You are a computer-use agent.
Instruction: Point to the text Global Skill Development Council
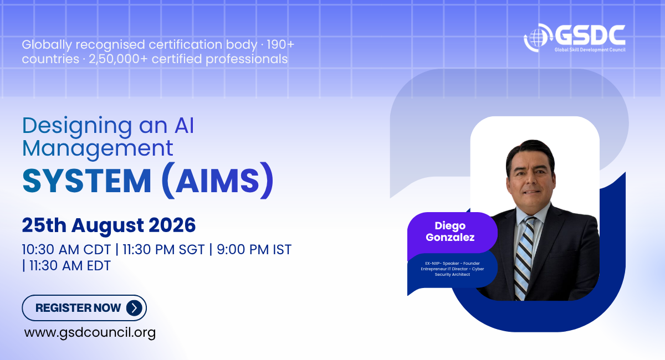point(590,49)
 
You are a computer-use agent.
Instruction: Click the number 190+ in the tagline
point(280,44)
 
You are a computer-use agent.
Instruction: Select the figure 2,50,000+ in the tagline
point(118,59)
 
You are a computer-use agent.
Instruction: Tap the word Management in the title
point(98,148)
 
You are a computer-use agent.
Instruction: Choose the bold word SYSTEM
point(87,181)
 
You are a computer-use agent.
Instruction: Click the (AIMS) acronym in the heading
point(218,180)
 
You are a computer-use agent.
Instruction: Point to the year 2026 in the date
point(172,225)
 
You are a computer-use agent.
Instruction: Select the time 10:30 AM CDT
point(66,250)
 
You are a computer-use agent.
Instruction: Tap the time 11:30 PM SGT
point(163,250)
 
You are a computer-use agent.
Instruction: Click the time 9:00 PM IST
point(254,250)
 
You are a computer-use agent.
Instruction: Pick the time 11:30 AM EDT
point(70,266)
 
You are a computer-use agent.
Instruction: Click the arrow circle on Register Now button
point(134,308)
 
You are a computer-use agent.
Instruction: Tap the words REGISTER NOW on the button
point(78,308)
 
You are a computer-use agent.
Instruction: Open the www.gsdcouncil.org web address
point(90,333)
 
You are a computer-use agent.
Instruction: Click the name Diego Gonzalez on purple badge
point(450,232)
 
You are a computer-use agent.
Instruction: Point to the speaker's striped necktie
point(524,258)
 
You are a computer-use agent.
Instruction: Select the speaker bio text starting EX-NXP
point(452,269)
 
